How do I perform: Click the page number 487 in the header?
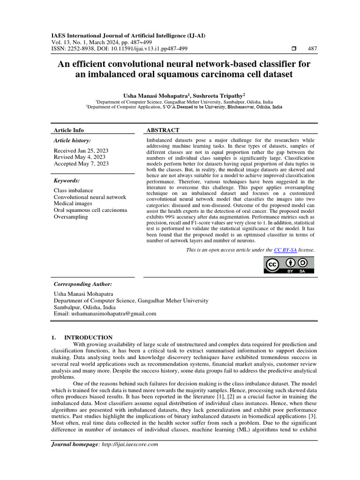click(312, 49)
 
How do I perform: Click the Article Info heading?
click(69, 130)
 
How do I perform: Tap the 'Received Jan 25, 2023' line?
click(81, 150)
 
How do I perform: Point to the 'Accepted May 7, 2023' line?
click(81, 164)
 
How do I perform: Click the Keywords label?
click(67, 180)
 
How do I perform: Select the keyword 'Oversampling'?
click(71, 217)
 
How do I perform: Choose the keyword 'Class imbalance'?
click(74, 191)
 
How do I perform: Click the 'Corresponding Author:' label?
click(83, 284)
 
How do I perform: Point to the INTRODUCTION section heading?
click(88, 337)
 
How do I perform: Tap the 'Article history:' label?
click(73, 140)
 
